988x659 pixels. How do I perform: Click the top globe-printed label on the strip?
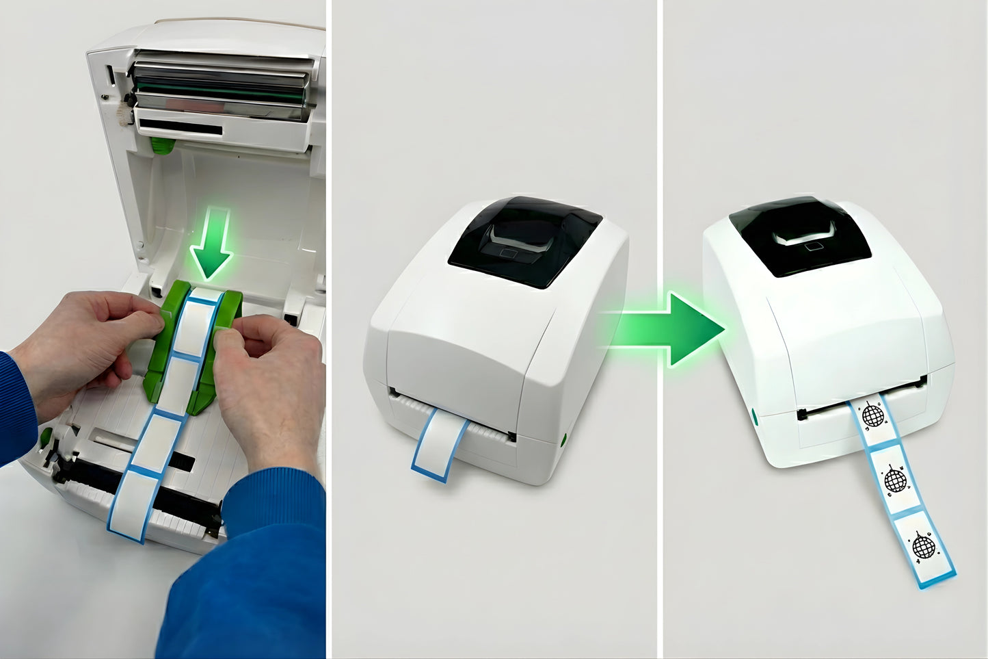tap(872, 415)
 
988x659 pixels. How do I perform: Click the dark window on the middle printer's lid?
tap(525, 240)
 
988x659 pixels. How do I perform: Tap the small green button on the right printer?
tap(754, 415)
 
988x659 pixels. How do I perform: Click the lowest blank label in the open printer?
tap(135, 503)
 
